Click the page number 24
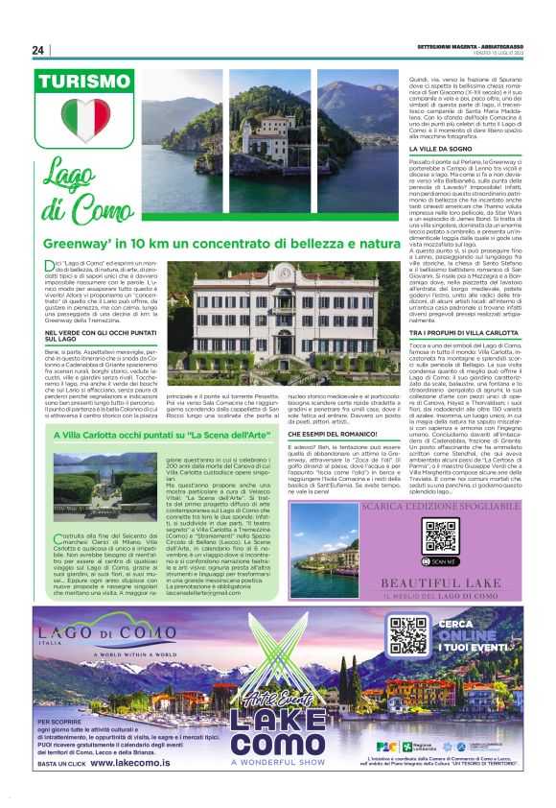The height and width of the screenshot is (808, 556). pyautogui.click(x=38, y=50)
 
